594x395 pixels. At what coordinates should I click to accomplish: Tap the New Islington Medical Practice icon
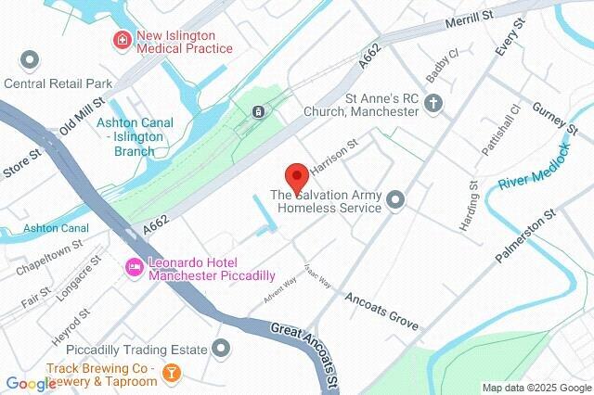[x=121, y=40]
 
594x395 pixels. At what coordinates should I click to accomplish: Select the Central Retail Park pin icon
[x=29, y=61]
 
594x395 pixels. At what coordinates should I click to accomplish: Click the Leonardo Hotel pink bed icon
[x=134, y=267]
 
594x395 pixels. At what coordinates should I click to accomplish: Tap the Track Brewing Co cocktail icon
[x=170, y=373]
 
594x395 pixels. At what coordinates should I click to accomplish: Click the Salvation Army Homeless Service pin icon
[x=396, y=199]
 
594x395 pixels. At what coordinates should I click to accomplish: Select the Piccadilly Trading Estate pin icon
[x=221, y=349]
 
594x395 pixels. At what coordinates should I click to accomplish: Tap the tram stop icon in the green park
[x=257, y=111]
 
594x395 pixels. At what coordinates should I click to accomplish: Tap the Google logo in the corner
[x=30, y=383]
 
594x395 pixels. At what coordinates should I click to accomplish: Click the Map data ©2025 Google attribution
[x=536, y=388]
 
